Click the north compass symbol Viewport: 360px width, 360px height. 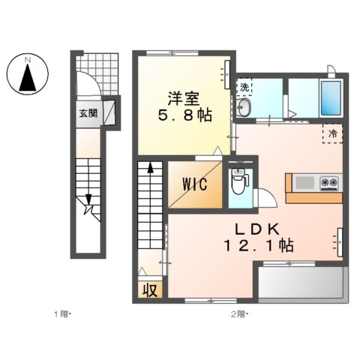27,73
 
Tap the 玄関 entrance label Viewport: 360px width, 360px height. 88,113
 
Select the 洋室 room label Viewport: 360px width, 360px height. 181,97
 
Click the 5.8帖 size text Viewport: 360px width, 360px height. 182,117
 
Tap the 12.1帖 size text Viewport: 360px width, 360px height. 259,245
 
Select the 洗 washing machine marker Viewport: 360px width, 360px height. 244,87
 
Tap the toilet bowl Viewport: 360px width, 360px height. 238,183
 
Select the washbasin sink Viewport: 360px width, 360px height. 245,109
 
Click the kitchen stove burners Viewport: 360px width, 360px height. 330,182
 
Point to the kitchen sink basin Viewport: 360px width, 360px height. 304,182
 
